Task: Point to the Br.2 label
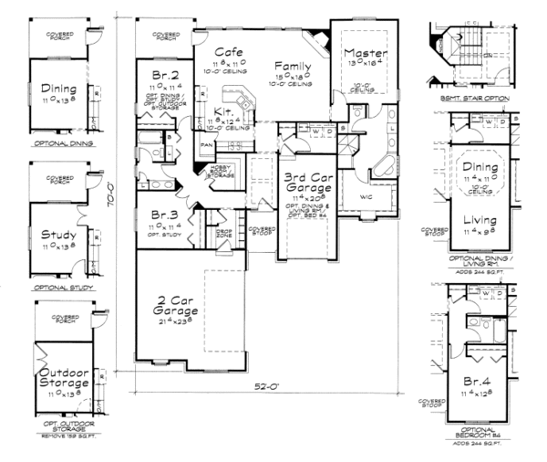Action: point(166,74)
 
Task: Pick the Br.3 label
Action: point(165,215)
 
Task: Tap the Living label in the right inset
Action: point(480,220)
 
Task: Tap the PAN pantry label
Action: point(207,144)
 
